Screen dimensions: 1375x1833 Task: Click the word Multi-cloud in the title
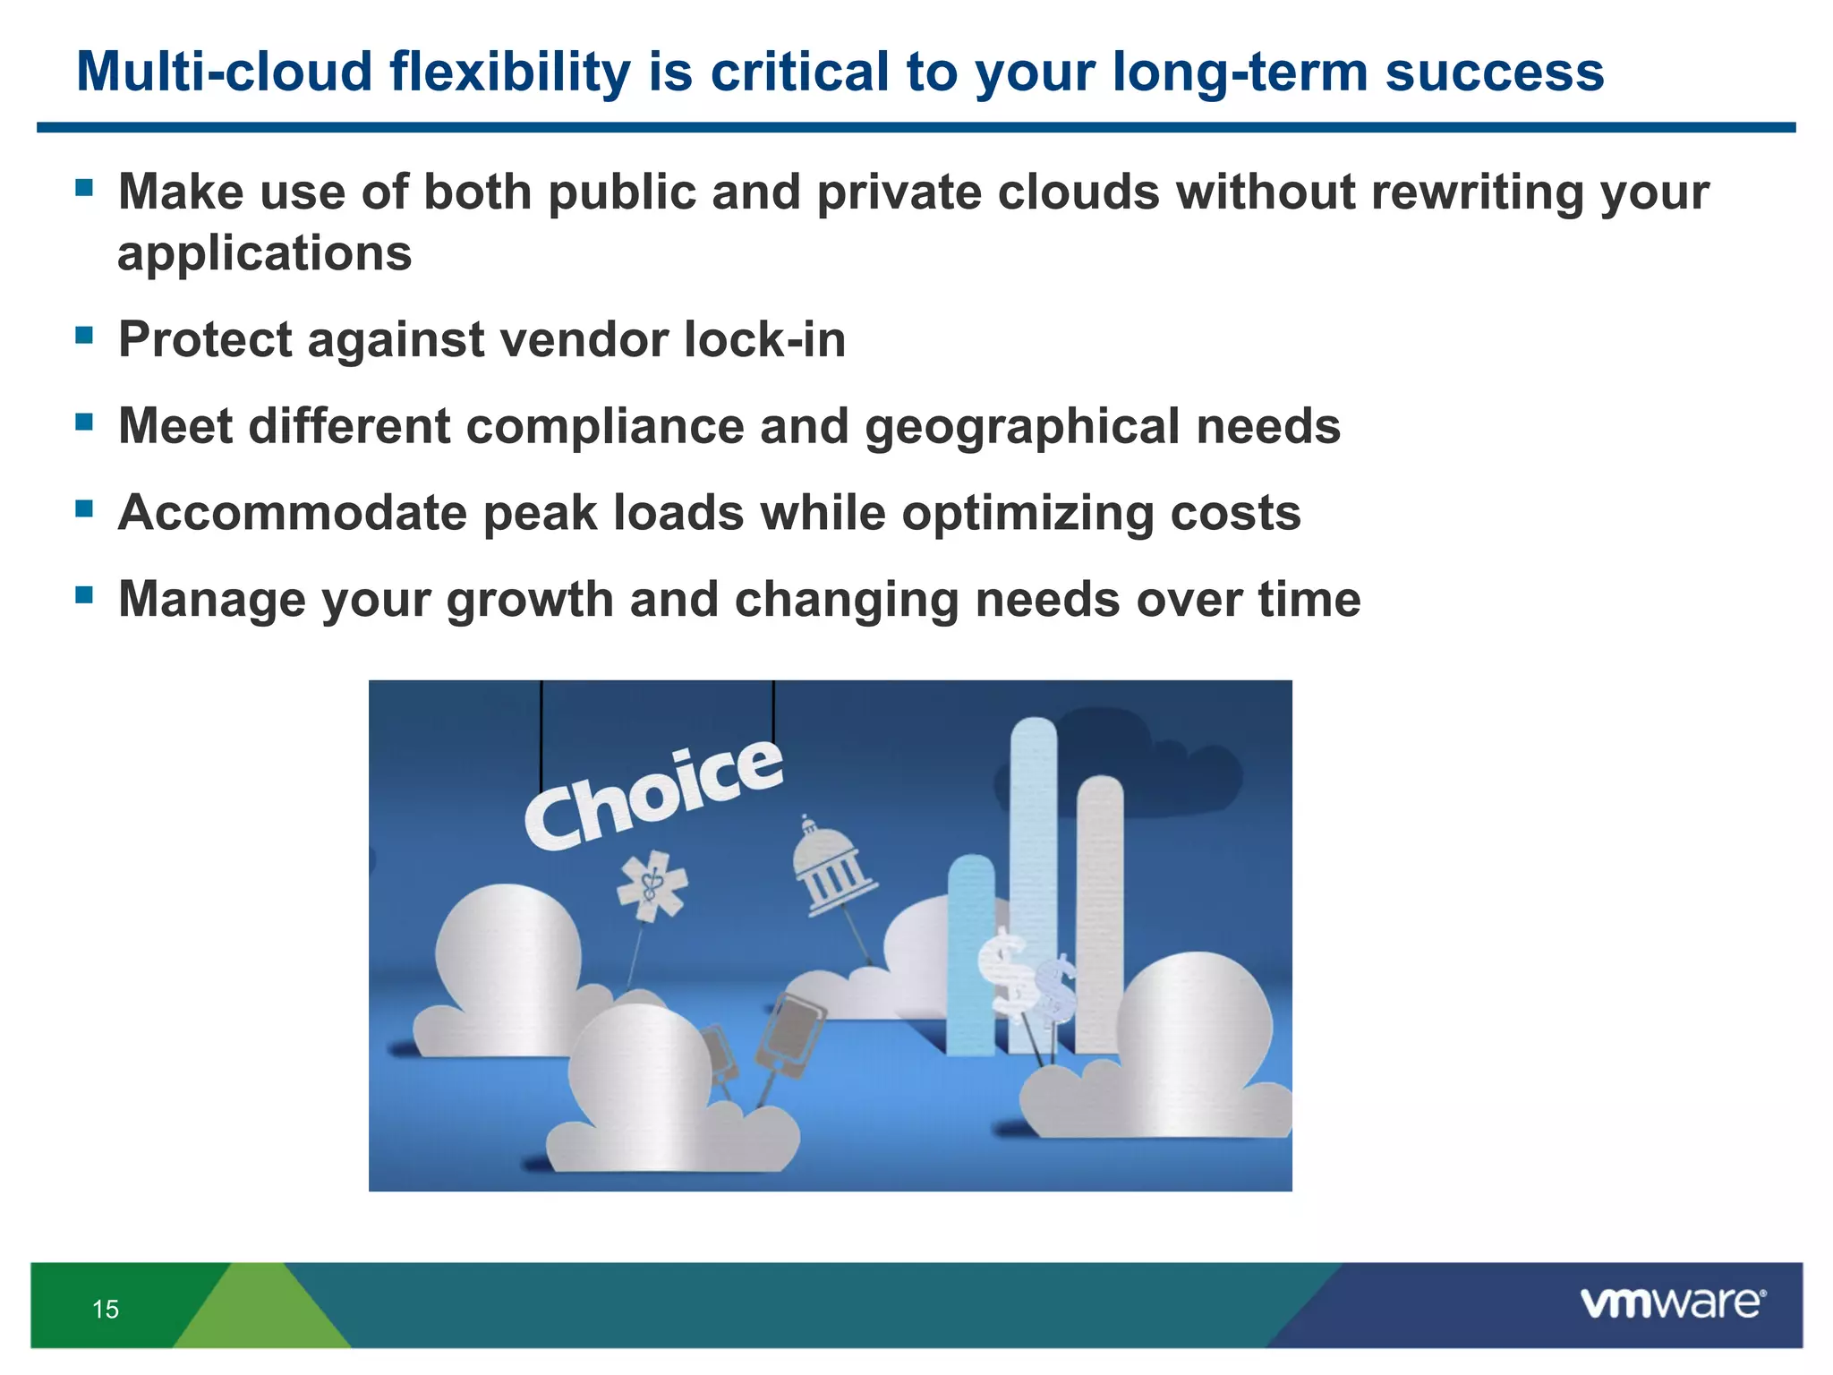point(224,72)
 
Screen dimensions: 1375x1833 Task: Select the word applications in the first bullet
point(265,254)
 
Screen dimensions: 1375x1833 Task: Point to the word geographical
point(1021,427)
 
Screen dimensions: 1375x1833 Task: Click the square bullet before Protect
point(84,336)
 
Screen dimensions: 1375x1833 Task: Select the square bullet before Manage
point(84,595)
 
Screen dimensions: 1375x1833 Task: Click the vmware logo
point(1673,1303)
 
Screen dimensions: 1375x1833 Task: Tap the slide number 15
point(106,1310)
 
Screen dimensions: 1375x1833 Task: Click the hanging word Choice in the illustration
point(653,796)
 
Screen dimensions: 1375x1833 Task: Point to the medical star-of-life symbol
point(652,885)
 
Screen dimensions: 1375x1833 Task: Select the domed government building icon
point(832,865)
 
